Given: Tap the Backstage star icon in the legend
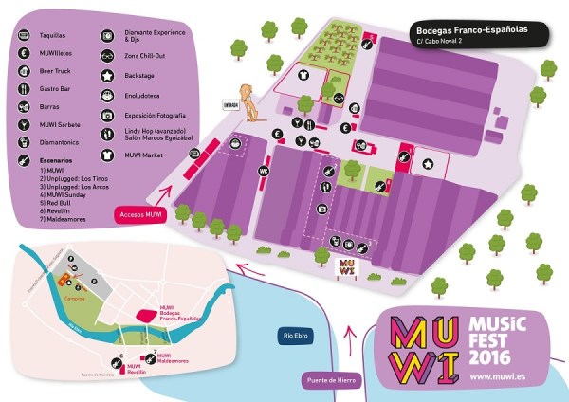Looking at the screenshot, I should coord(106,74).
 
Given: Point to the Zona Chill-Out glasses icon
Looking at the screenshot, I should coord(106,54).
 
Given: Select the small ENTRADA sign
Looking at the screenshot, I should coord(230,104).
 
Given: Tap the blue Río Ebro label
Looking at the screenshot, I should coord(296,336).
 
